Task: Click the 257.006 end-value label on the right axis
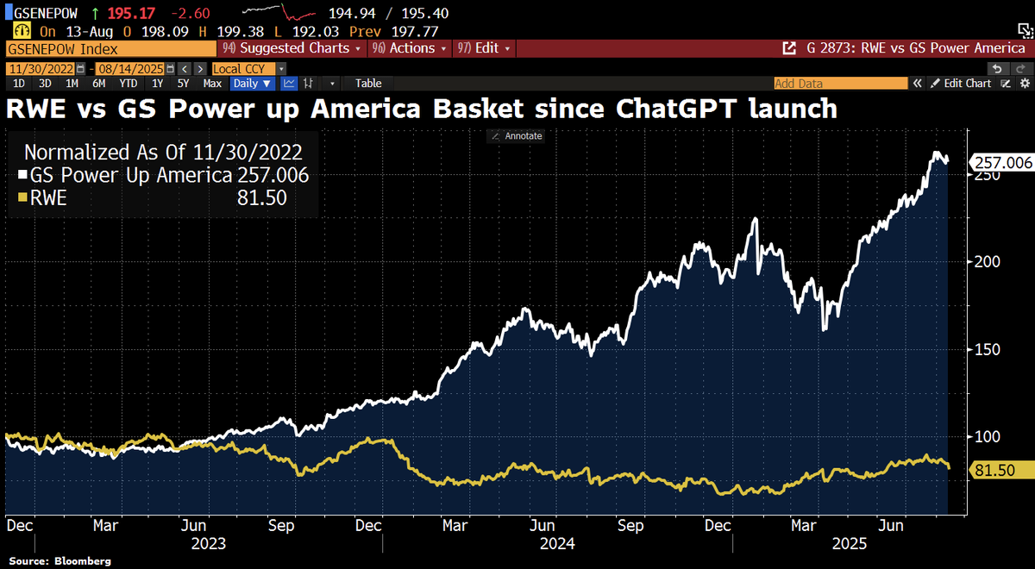tap(1001, 162)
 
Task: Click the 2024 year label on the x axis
tap(557, 544)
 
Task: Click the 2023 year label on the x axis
tap(208, 544)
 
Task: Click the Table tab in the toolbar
tap(368, 84)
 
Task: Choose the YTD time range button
tap(129, 84)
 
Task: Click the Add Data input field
tap(840, 84)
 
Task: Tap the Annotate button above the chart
tap(517, 136)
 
